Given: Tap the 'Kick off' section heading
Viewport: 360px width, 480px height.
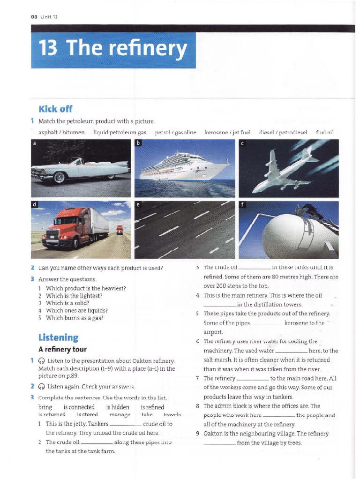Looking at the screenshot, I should point(55,109).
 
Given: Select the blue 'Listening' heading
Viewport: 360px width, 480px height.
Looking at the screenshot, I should point(58,337).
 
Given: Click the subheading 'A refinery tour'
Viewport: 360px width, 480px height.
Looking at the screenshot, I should point(62,349).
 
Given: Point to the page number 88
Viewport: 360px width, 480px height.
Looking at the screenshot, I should point(34,17).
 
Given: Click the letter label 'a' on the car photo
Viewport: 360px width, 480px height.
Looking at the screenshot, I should point(34,143).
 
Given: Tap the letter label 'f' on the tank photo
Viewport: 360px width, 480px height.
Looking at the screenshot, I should point(242,205).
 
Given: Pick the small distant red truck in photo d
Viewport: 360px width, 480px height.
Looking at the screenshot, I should point(120,230).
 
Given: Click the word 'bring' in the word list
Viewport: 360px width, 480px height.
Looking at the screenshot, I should point(45,407).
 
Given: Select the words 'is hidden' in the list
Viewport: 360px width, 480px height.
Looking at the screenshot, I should point(118,407).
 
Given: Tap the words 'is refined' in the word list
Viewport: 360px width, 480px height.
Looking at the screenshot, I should point(152,407).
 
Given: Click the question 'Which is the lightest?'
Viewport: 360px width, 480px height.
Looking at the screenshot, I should point(74,296).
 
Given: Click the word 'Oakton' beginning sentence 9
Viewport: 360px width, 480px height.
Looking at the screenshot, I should point(213,434).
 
